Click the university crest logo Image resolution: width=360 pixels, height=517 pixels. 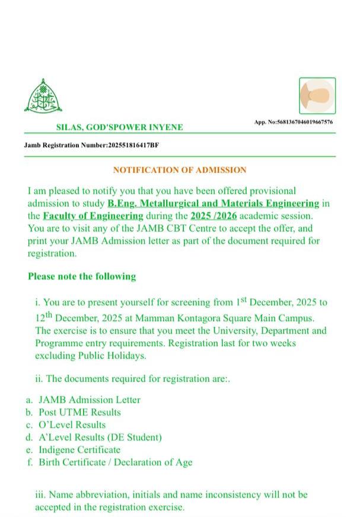[43, 96]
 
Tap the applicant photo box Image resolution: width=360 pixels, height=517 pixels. [317, 96]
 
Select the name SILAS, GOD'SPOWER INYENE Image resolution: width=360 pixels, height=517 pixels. [119, 127]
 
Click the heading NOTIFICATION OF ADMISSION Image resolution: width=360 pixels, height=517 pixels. [180, 170]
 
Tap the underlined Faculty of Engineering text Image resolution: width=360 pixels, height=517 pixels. [93, 215]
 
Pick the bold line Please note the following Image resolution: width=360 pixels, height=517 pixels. [82, 276]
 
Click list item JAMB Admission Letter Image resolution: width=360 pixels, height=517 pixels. [90, 400]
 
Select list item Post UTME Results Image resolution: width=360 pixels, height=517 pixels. [79, 413]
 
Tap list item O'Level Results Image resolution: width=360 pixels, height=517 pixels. [72, 425]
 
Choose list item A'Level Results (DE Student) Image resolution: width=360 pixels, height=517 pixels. [100, 437]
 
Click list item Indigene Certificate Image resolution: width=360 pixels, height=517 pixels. [79, 450]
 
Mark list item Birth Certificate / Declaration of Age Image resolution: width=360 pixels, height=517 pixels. [116, 462]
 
